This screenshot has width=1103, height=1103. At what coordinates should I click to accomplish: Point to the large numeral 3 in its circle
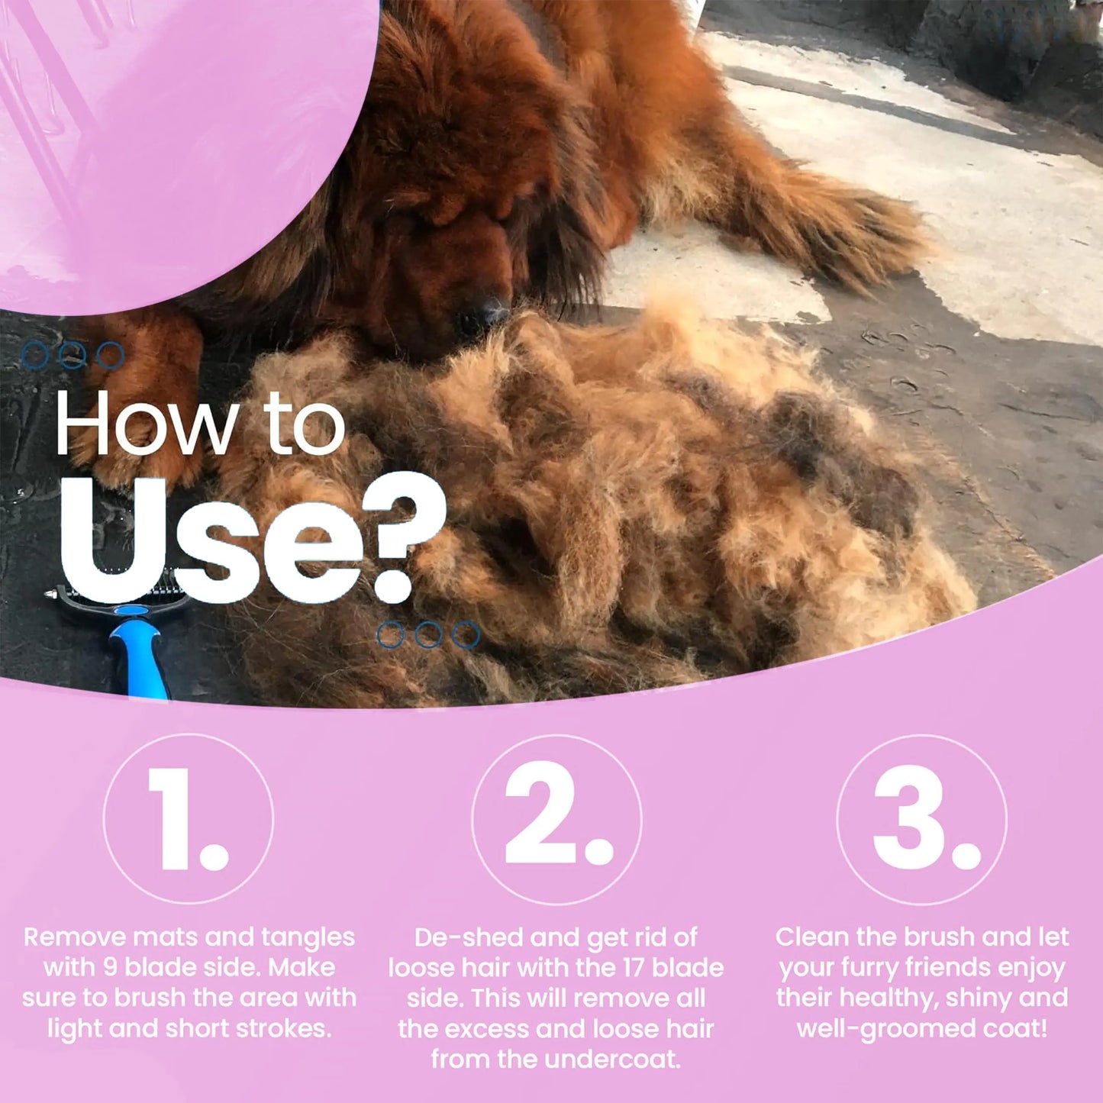(915, 819)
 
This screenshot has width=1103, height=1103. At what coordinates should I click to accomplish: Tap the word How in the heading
(145, 426)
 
